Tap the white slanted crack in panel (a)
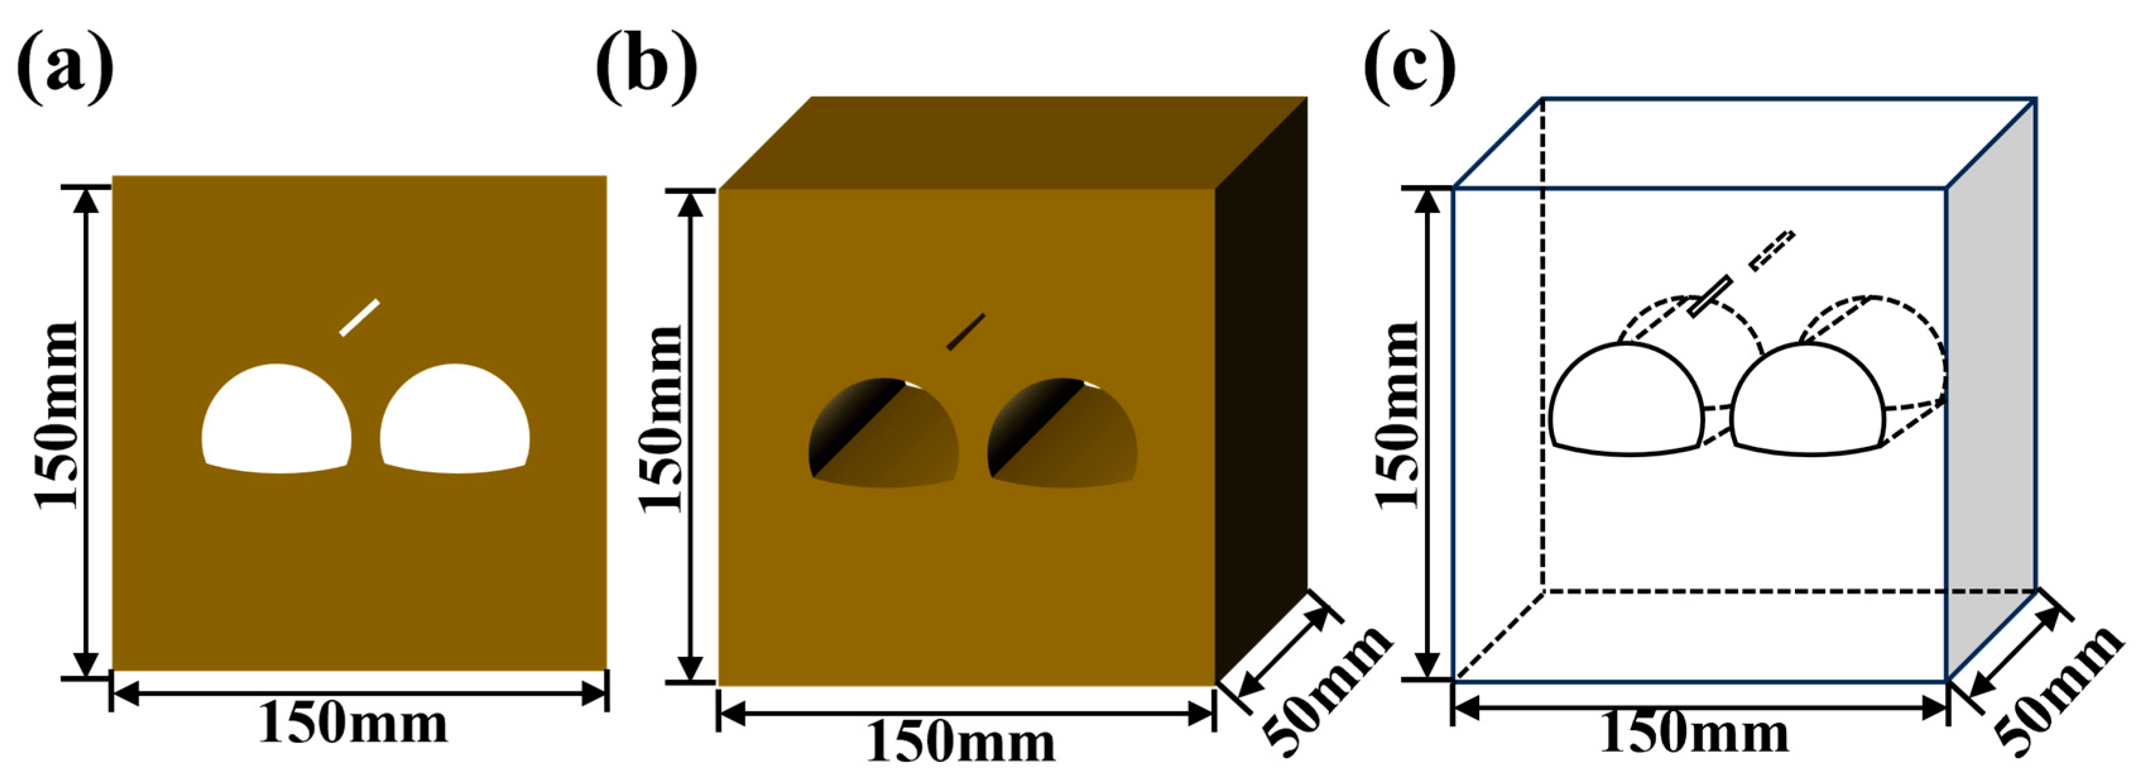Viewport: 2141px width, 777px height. click(x=359, y=317)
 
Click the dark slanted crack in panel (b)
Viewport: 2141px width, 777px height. click(x=966, y=331)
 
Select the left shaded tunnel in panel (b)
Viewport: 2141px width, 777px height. click(x=883, y=434)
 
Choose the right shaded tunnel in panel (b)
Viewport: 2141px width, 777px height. click(x=1062, y=434)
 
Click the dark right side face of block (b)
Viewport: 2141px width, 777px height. click(x=1261, y=391)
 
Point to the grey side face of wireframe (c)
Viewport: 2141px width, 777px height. click(x=1991, y=391)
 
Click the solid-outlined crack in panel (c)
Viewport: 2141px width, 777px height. click(x=1710, y=297)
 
